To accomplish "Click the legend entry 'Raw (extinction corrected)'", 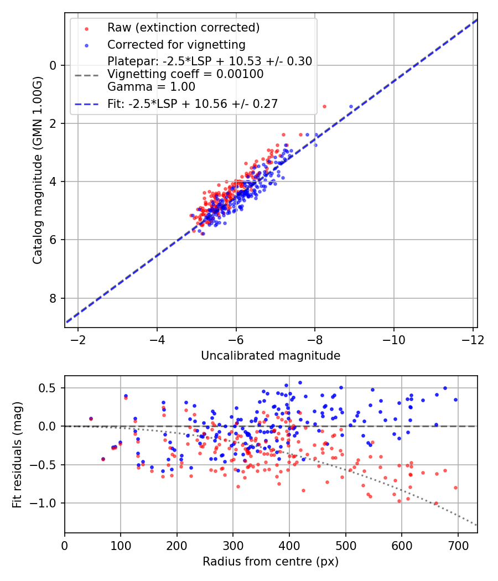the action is point(183,28).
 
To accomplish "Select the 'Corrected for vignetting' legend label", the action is point(177,45).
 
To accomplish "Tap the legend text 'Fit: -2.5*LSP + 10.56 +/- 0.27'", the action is point(193,104).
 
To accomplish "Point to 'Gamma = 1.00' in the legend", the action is point(151,87).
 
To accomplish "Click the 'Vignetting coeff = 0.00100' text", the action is point(185,74).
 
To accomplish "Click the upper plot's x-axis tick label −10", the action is point(393,340).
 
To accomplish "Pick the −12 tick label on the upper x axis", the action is point(473,340).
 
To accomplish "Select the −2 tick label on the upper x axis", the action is point(78,340).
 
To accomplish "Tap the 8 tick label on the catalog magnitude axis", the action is point(53,298).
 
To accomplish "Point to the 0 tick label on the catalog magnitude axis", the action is point(53,66).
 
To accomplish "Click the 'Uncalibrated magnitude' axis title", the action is point(271,356).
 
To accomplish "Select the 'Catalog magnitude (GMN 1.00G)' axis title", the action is point(38,170).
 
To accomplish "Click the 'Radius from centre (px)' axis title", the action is point(271,562).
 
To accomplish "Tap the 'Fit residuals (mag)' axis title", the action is point(17,455).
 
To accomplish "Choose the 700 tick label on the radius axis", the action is point(458,546).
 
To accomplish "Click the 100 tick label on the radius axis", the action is point(121,546).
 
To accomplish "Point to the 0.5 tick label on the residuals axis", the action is point(48,388).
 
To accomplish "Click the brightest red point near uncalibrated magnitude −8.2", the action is point(325,107).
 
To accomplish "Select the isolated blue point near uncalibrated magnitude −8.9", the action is point(351,107).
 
